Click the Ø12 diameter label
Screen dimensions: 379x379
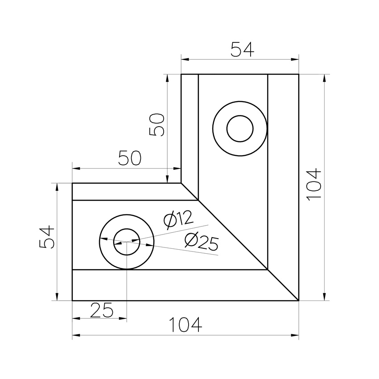point(178,219)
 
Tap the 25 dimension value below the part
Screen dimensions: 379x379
point(102,309)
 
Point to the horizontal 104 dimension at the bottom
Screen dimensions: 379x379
point(185,325)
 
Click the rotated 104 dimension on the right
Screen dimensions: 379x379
point(314,184)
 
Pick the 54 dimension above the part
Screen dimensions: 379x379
point(242,49)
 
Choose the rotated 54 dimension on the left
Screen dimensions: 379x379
point(47,237)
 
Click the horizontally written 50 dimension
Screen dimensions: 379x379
point(130,159)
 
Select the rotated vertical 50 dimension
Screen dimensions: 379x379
point(157,124)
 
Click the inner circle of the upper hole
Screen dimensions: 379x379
point(240,128)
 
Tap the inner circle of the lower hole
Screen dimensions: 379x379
point(127,242)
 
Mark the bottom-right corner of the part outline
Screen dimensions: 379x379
point(298,301)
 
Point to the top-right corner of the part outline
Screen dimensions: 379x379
point(298,74)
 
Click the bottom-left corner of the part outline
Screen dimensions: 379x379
point(72,301)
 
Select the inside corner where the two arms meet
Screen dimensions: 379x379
point(181,183)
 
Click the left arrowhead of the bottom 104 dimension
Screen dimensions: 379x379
point(75,334)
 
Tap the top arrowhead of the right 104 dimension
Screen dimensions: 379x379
point(324,77)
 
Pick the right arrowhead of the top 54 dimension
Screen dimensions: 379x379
point(296,58)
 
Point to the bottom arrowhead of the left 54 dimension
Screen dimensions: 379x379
point(57,298)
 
